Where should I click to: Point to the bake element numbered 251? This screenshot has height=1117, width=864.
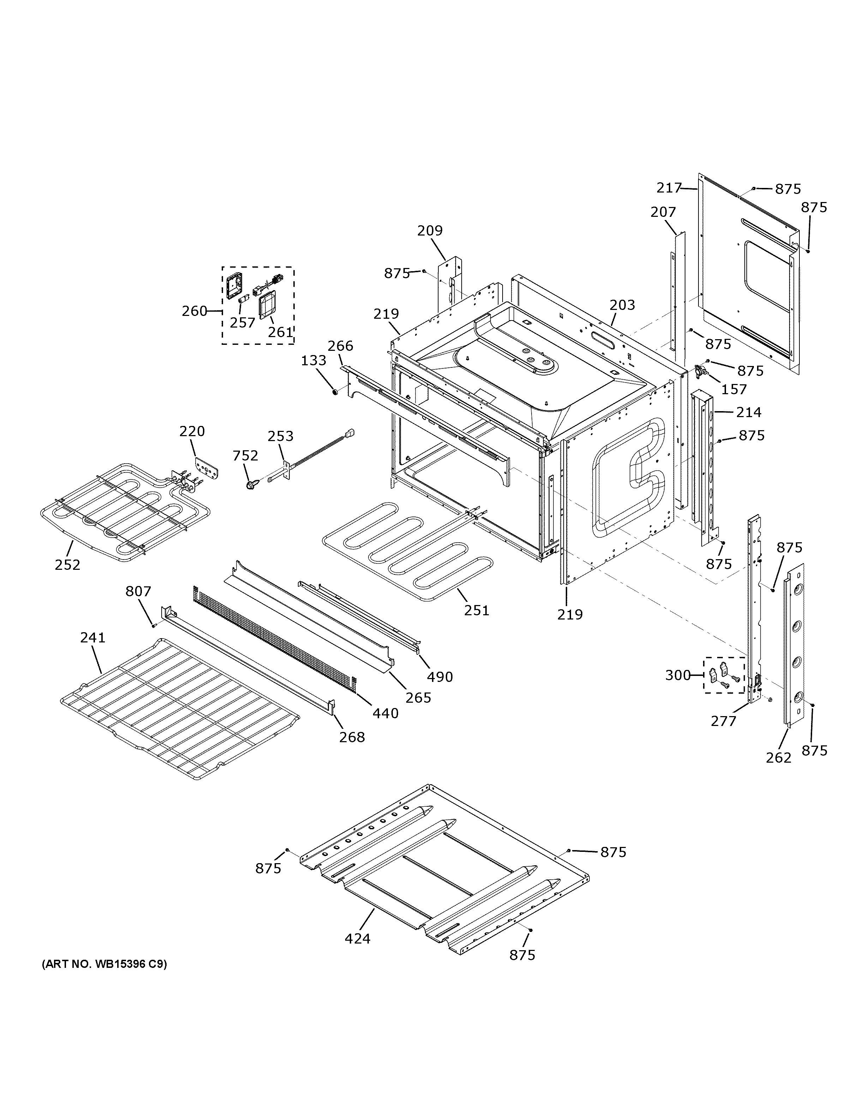[404, 553]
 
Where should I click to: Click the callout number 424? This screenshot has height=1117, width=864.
[357, 939]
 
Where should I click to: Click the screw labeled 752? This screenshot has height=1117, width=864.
[251, 484]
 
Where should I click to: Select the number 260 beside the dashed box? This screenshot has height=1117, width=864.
[194, 311]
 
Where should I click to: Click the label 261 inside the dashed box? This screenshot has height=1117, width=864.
[281, 332]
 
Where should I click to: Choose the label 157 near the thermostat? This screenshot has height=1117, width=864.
[734, 389]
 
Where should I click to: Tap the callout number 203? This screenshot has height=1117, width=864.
[622, 305]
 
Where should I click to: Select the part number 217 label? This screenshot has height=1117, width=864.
[669, 188]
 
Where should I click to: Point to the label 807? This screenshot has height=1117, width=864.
[138, 591]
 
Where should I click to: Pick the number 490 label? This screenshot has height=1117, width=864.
[440, 677]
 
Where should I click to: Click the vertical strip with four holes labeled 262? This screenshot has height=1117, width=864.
[795, 645]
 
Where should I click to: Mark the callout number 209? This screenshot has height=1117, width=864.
[430, 231]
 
